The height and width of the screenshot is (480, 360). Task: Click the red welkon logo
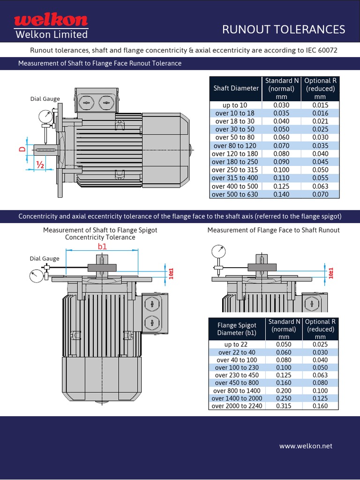click(x=51, y=20)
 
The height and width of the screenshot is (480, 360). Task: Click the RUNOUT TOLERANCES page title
click(x=283, y=30)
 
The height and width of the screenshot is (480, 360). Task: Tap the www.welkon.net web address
click(x=306, y=446)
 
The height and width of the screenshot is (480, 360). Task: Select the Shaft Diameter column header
click(x=236, y=88)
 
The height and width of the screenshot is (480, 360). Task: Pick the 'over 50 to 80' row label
click(x=235, y=137)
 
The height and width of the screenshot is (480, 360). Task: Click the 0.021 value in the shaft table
click(x=320, y=121)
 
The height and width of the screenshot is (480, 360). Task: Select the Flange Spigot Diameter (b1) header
click(x=237, y=329)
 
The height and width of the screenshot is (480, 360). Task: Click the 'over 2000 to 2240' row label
click(x=237, y=406)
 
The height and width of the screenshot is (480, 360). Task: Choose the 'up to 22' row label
click(x=236, y=345)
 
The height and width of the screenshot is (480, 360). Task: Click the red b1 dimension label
click(x=102, y=246)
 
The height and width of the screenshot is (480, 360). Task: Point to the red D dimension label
click(x=22, y=149)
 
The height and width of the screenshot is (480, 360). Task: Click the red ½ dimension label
click(x=40, y=165)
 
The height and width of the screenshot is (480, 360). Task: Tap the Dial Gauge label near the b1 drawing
click(x=45, y=258)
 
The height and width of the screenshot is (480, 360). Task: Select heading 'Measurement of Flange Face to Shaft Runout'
click(x=273, y=230)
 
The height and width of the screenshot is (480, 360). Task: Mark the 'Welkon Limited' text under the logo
click(x=52, y=35)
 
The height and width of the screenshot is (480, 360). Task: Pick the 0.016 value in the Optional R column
click(x=320, y=113)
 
